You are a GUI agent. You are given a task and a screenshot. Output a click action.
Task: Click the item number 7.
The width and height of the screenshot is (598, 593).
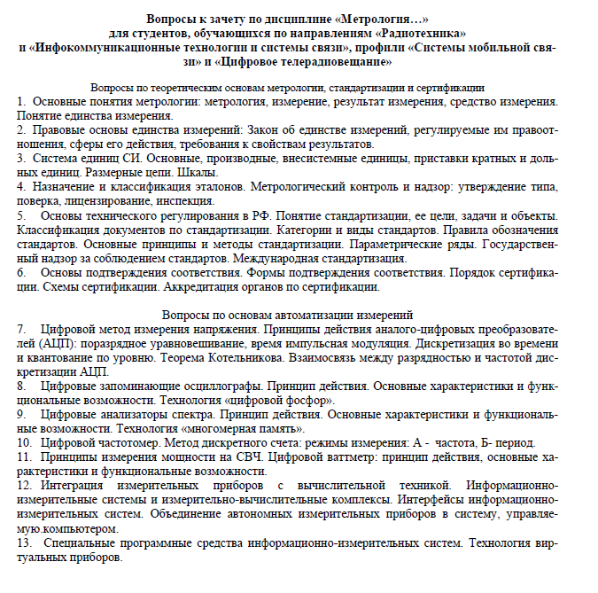click(22, 330)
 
